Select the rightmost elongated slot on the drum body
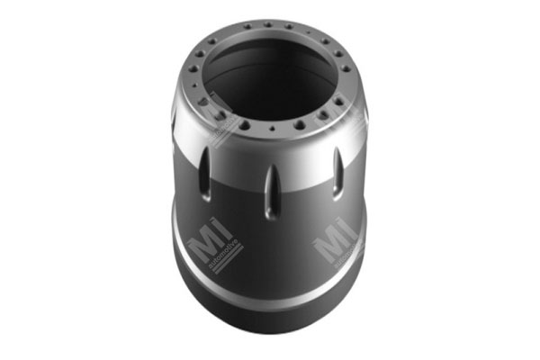(337, 168)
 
